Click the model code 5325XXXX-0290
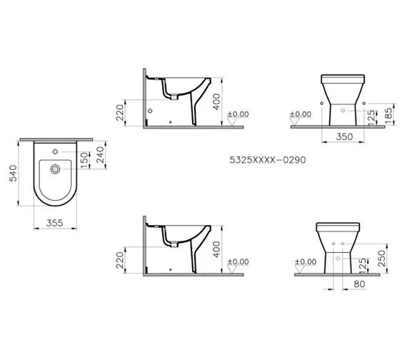coord(268,160)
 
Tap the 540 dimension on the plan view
coord(13,174)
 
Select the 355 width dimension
coord(55,223)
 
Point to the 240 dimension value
coord(100,155)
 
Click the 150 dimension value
coord(84,160)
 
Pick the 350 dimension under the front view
coord(344,137)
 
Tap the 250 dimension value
coord(382,258)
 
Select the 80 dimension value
coord(359,284)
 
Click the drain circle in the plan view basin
coord(55,169)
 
